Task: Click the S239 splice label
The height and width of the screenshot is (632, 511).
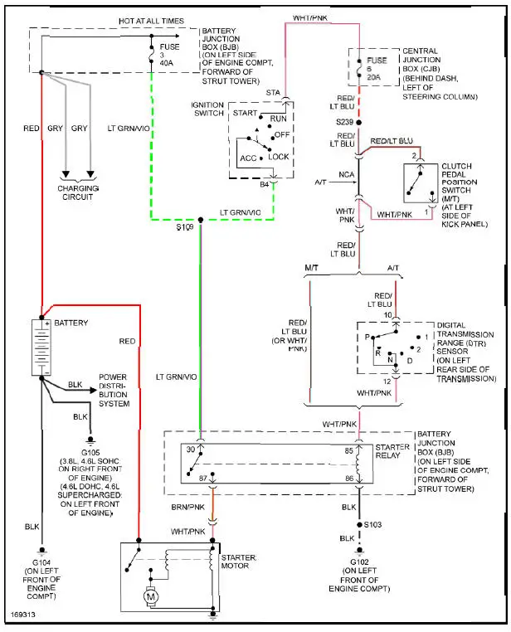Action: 345,122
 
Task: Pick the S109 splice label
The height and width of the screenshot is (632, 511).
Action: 185,226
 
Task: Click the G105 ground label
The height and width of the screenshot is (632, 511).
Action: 88,452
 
